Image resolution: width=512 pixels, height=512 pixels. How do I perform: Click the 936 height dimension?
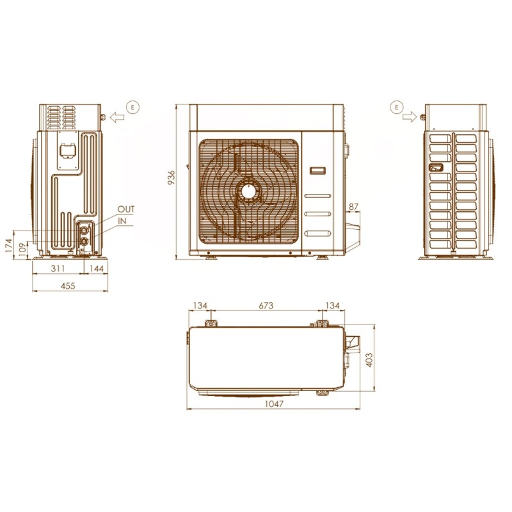coord(172,177)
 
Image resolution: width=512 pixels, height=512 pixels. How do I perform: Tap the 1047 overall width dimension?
coord(274,404)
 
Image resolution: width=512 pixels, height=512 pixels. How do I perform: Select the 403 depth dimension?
coord(369,360)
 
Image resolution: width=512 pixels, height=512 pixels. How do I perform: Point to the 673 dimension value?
coord(266,306)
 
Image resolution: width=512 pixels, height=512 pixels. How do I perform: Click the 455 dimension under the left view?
coord(68,285)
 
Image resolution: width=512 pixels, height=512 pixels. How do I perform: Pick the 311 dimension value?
coord(58,268)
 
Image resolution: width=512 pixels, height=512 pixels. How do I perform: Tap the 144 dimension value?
coord(97,268)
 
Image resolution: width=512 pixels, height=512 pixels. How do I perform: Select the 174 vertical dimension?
coord(9,245)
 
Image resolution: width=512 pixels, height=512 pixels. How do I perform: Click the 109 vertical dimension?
coord(22,250)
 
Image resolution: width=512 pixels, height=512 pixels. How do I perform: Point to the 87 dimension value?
coord(354,207)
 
